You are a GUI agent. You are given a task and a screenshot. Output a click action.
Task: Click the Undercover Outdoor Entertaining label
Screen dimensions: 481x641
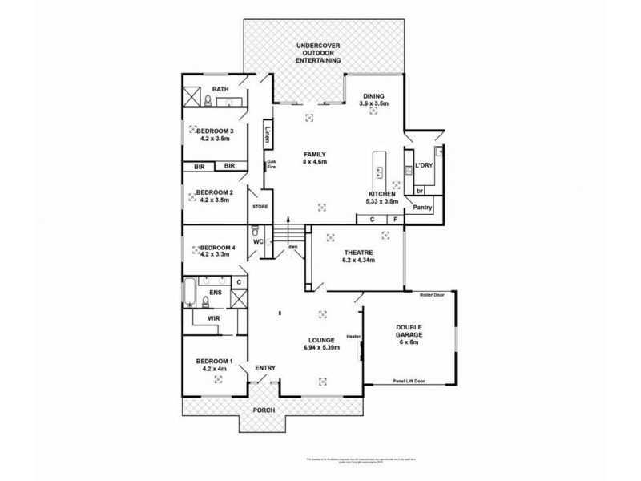tap(318, 53)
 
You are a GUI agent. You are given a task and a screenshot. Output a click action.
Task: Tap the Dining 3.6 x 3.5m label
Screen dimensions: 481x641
tap(373, 99)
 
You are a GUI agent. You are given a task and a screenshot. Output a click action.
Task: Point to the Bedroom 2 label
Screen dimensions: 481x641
tap(214, 196)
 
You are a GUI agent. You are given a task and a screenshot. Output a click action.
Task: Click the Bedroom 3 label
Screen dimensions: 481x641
tap(214, 135)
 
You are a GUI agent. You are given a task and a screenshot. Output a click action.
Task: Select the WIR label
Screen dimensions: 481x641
tap(213, 318)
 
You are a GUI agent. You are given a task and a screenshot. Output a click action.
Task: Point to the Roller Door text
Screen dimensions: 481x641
tap(432, 295)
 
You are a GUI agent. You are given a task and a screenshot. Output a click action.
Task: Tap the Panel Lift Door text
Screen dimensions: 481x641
tap(409, 382)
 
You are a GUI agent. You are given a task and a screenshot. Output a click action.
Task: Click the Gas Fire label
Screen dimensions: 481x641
tap(271, 164)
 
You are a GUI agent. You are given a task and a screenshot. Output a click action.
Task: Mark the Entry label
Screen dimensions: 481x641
tap(265, 368)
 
